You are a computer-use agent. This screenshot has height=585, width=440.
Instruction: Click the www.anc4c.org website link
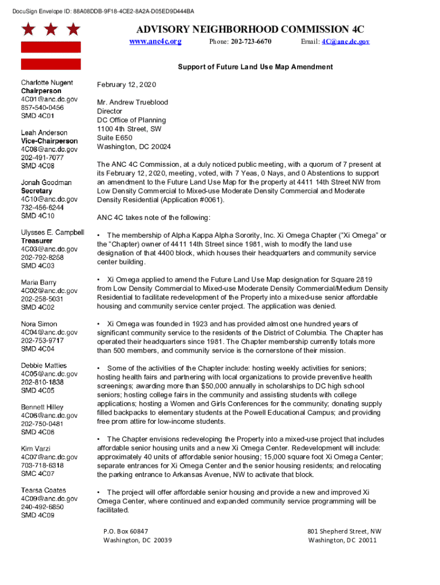click(155, 42)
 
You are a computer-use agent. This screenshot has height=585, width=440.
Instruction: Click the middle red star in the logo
click(51, 29)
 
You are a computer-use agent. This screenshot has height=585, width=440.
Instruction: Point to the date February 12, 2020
click(126, 85)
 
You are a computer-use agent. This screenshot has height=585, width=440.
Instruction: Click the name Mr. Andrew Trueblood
click(133, 102)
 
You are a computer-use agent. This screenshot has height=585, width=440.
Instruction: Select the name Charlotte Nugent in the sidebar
click(47, 83)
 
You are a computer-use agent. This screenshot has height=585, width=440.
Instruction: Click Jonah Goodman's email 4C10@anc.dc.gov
click(49, 199)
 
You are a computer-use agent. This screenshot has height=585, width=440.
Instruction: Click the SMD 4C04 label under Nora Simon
click(38, 348)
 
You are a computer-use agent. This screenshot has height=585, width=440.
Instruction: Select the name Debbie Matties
click(43, 366)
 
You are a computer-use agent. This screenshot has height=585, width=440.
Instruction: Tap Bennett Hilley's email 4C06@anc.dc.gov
click(49, 415)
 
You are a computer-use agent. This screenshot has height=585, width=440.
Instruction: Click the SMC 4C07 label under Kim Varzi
click(38, 474)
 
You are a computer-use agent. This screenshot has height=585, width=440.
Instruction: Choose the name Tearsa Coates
click(43, 490)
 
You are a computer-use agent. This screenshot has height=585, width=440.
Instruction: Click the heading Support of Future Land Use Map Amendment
click(255, 67)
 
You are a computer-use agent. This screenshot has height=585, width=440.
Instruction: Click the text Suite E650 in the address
click(115, 138)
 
